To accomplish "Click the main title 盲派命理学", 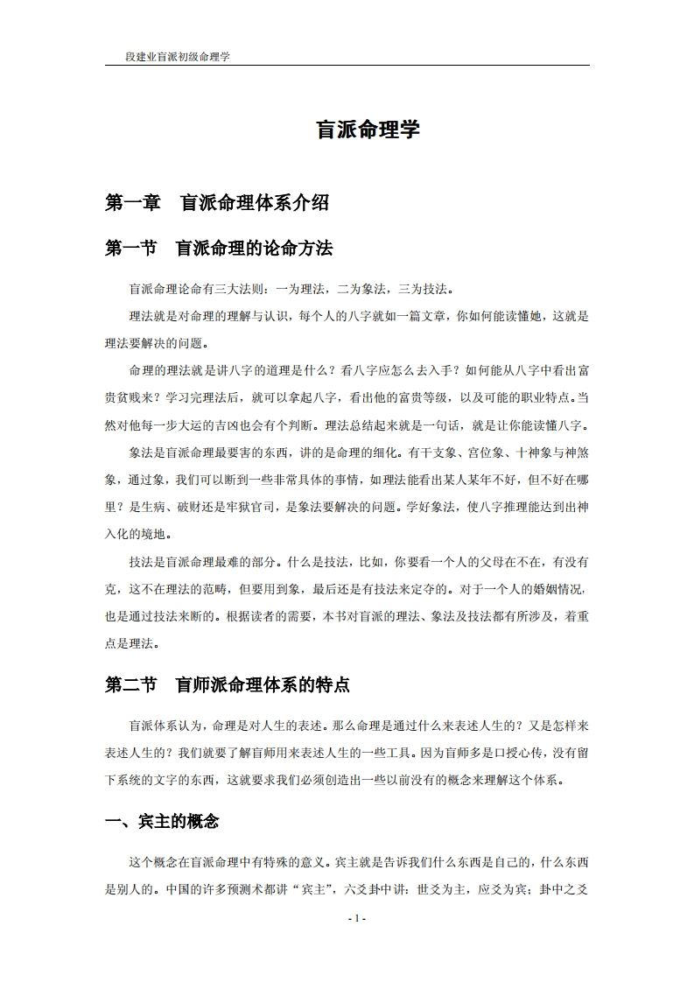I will click(368, 130).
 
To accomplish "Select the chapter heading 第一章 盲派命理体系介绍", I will click(217, 203).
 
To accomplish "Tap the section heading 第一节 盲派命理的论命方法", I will click(219, 249).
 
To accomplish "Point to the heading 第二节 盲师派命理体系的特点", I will click(228, 685).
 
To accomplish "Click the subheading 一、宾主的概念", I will click(162, 821).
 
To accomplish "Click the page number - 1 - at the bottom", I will click(356, 918).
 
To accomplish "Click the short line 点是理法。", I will click(133, 643).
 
